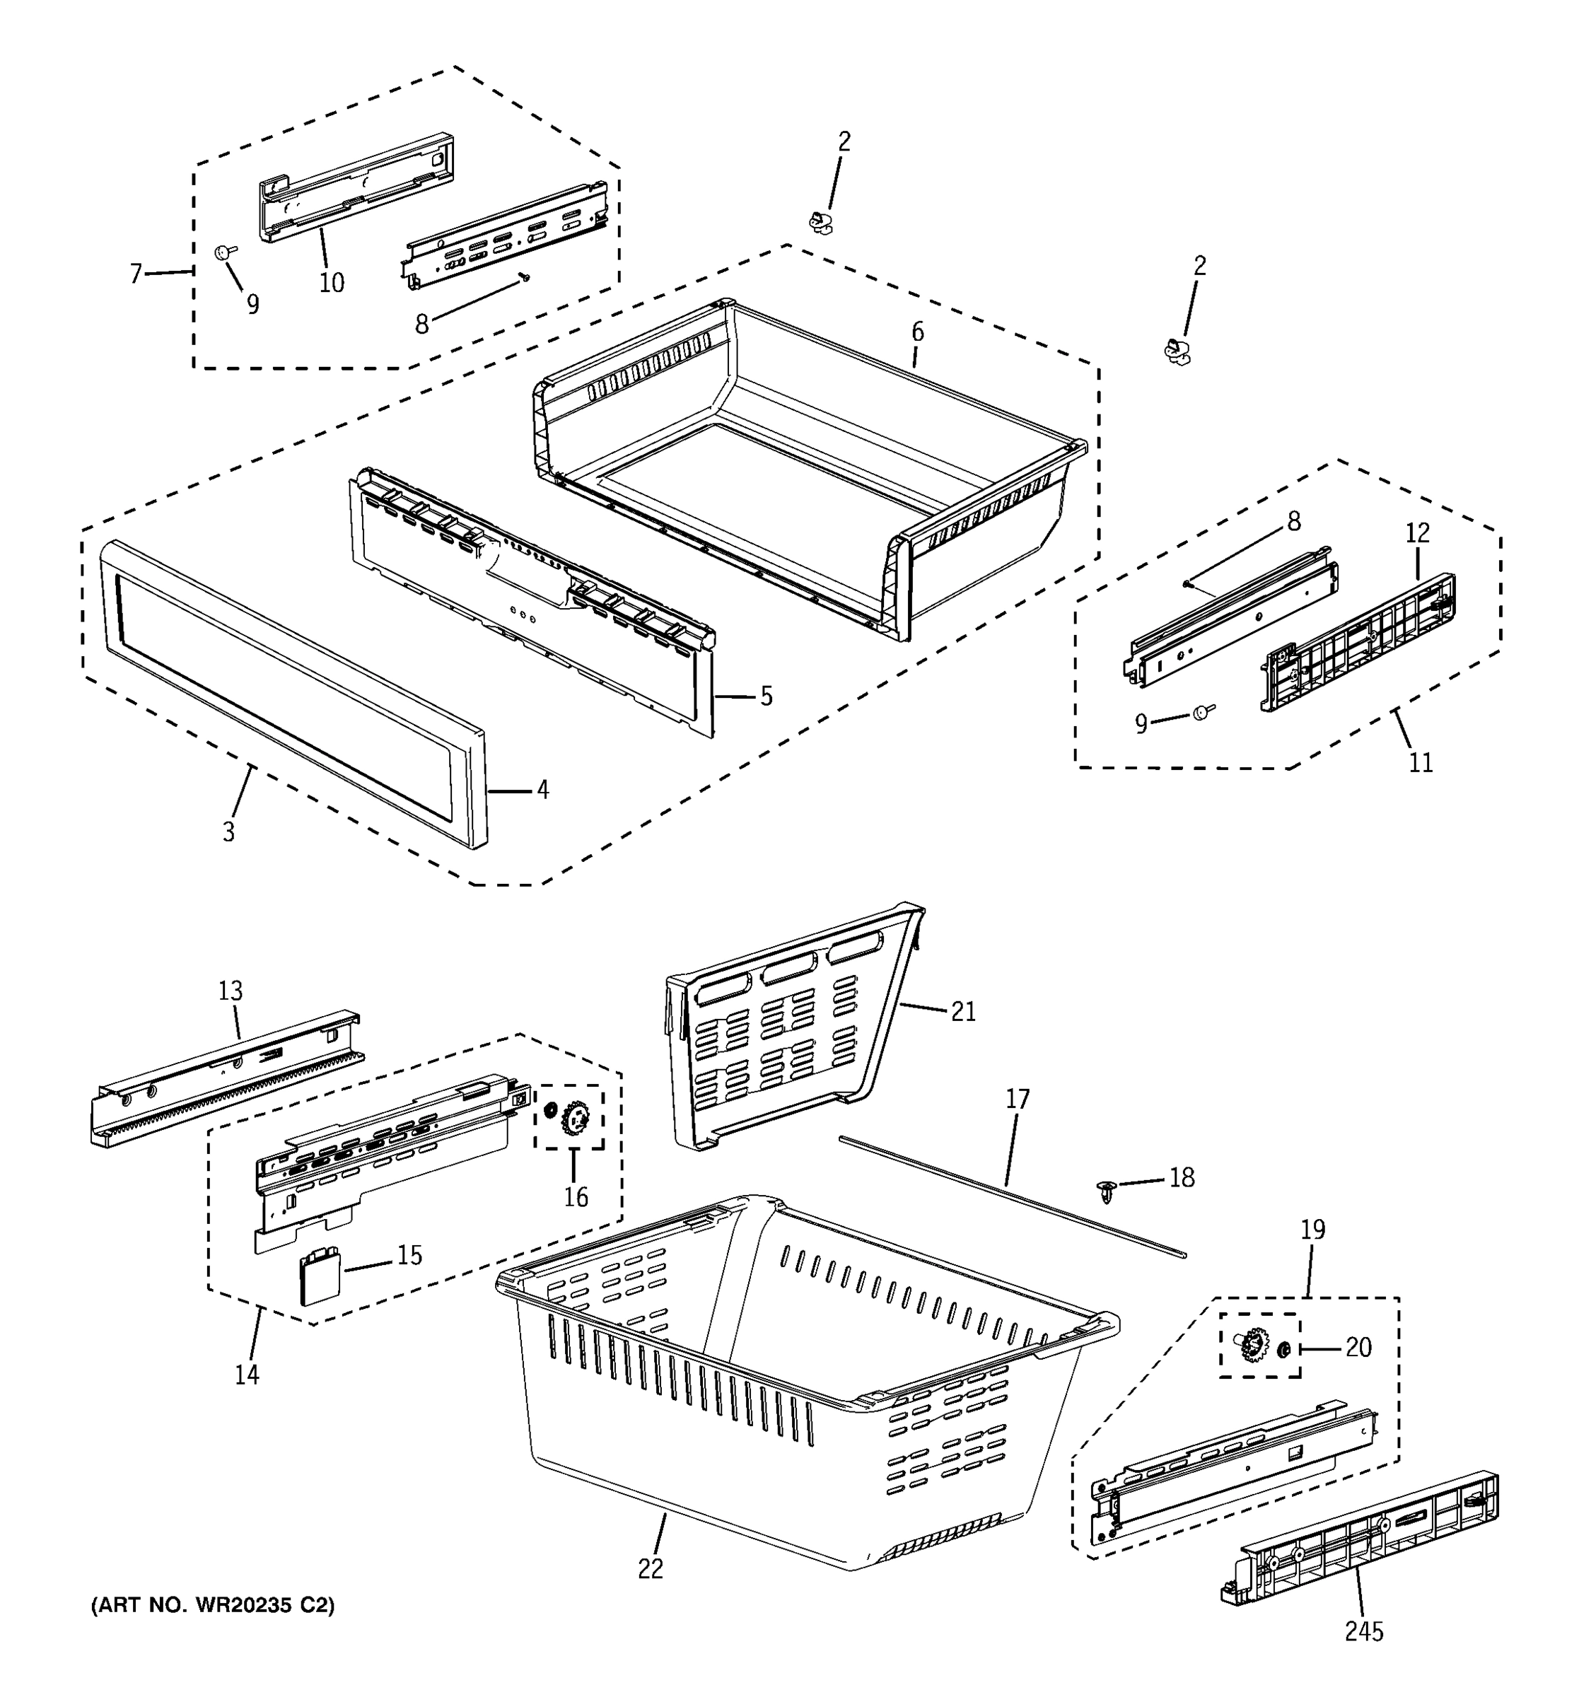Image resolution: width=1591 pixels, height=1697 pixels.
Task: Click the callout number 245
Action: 1363,1631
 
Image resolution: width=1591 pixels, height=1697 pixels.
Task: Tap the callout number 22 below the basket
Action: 650,1569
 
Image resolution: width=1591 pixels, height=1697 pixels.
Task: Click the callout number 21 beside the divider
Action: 963,1012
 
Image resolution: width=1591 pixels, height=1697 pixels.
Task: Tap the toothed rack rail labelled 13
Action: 226,1080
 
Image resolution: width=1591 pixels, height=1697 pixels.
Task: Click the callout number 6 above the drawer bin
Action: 918,332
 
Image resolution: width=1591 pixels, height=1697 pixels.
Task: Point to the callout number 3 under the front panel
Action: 228,832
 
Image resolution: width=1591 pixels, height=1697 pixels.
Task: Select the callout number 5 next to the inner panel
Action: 766,696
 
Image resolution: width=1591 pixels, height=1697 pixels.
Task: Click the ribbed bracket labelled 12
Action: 1359,643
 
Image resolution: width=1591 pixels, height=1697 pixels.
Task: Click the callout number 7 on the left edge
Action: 136,274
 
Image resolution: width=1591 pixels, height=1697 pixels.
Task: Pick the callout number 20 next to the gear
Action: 1358,1347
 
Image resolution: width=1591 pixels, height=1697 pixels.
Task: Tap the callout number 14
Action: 247,1375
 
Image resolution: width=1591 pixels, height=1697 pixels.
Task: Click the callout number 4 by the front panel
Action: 542,791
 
